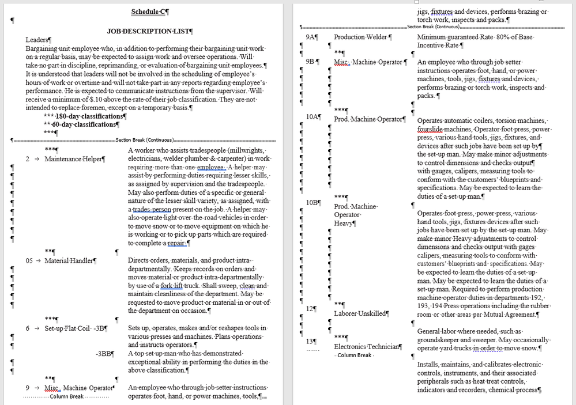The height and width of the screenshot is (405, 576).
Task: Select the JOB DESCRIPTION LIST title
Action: (x=150, y=32)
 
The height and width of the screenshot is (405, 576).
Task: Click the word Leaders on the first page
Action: (x=38, y=40)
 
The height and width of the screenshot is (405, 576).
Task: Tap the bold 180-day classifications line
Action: (x=88, y=116)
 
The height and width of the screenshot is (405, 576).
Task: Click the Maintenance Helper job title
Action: (x=74, y=159)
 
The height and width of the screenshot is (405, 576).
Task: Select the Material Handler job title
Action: (x=70, y=261)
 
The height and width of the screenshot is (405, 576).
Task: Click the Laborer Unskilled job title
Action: (x=361, y=313)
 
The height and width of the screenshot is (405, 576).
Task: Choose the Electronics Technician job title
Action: (x=367, y=347)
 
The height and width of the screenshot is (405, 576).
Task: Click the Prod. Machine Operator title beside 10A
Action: (x=369, y=119)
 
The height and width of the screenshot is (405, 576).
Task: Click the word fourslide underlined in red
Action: (x=431, y=130)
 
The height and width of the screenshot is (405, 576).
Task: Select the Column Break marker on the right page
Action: (x=354, y=355)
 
